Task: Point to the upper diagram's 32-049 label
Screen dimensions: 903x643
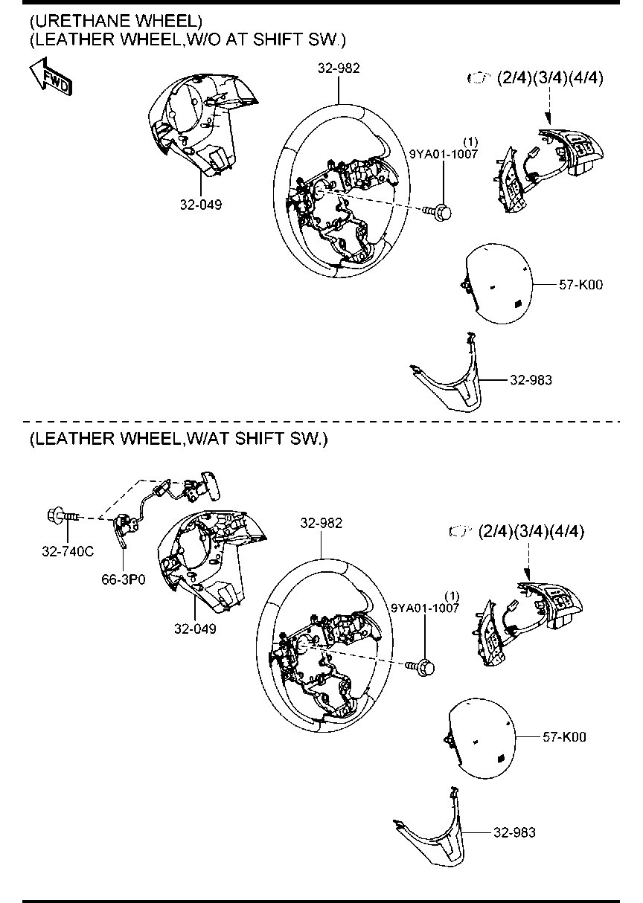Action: tap(200, 203)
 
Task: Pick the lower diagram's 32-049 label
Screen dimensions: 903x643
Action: tap(195, 629)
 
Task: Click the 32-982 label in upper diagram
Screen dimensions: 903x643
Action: tap(339, 68)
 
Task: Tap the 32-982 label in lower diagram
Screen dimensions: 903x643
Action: tap(321, 523)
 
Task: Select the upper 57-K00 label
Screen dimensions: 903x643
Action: tap(580, 284)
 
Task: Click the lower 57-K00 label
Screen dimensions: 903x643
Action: tap(563, 737)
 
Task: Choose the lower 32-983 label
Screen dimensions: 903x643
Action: tap(514, 833)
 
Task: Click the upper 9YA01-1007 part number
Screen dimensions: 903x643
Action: tap(443, 153)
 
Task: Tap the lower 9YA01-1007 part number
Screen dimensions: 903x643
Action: tap(425, 608)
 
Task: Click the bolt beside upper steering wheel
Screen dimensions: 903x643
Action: tap(443, 213)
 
